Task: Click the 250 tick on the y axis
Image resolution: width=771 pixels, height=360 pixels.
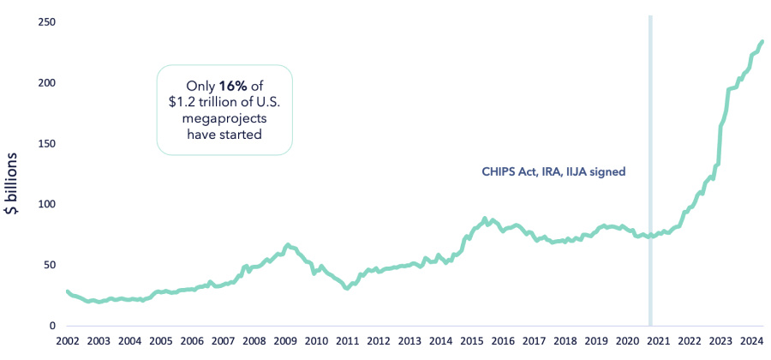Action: [x=47, y=21]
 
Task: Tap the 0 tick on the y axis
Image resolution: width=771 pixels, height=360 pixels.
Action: [x=52, y=326]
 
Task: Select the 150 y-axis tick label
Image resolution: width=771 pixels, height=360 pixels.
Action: [x=47, y=143]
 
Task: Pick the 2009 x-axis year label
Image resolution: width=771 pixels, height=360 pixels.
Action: [x=285, y=340]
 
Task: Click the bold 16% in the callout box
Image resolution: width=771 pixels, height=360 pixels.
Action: [x=231, y=86]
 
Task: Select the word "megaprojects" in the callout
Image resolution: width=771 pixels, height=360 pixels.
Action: [x=224, y=118]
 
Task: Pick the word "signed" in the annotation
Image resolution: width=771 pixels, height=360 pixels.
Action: [x=607, y=171]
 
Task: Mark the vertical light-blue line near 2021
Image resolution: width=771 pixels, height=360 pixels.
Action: [x=650, y=171]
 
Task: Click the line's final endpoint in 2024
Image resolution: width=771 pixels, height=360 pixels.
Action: [x=762, y=41]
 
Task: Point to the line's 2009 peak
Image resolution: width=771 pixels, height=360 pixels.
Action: [x=288, y=245]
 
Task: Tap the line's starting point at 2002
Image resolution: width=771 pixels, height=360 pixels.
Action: [x=67, y=291]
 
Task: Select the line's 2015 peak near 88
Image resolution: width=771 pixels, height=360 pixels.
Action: [x=485, y=219]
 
